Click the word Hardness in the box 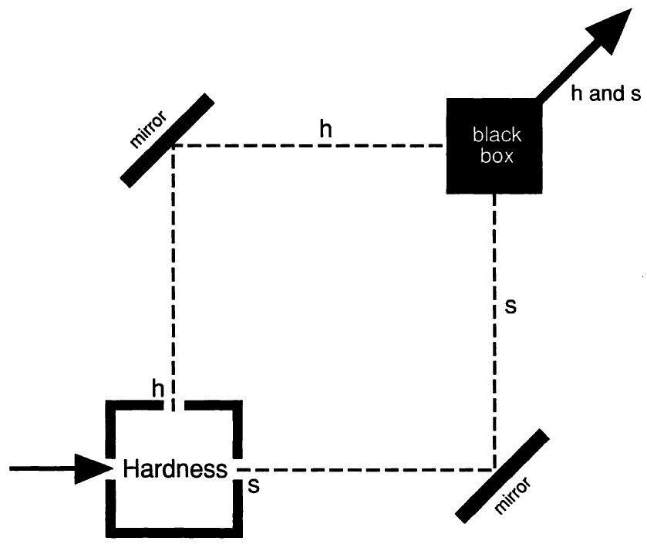(175, 469)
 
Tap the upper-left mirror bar (168, 140)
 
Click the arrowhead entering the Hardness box (93, 468)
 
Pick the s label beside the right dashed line (510, 306)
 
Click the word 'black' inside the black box (497, 136)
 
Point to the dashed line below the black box (494, 332)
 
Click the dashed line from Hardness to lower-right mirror (362, 469)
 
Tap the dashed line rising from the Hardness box (172, 270)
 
